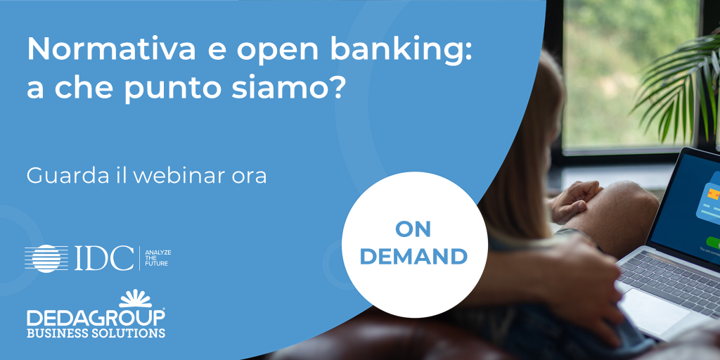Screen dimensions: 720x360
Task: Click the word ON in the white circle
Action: coord(413,230)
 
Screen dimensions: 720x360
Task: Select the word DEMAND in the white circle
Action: coord(413,257)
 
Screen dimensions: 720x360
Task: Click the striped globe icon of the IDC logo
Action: coord(46,259)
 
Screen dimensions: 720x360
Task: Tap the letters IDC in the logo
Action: coord(104,259)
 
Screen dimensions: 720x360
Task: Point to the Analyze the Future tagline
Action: coord(158,258)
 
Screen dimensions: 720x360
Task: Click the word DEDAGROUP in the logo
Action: coord(96,317)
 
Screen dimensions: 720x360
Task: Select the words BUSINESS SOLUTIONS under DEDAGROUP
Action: coord(96,333)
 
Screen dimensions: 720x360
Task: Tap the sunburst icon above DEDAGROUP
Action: coord(136,298)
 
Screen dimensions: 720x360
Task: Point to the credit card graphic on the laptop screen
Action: coord(709,198)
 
